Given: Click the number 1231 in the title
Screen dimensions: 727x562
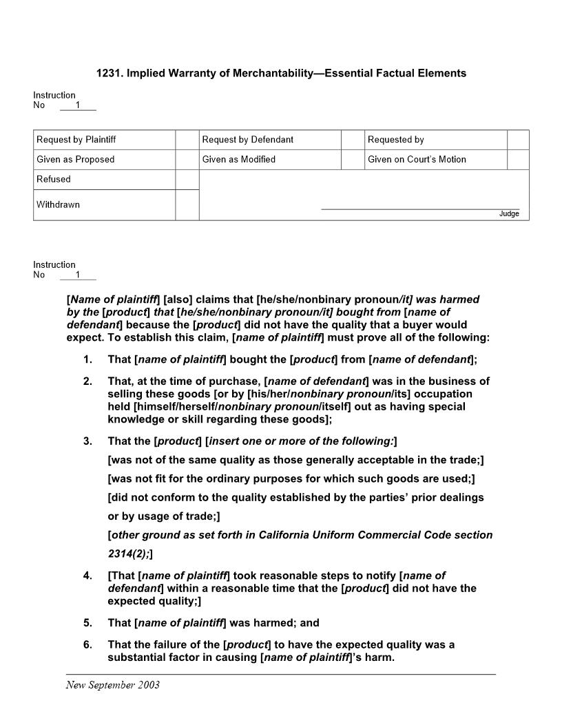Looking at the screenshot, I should click(108, 73).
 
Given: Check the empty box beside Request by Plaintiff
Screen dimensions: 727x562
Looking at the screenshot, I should click(187, 140).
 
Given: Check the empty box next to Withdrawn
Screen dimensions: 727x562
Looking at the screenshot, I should click(187, 205).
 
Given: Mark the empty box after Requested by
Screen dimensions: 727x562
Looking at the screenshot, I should click(518, 140).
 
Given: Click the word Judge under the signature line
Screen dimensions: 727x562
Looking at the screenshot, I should click(509, 214).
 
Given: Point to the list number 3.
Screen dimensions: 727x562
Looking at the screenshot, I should click(87, 441).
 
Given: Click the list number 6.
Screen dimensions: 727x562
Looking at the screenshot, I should click(87, 645).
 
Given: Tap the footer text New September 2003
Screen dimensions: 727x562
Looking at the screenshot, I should click(113, 685).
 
